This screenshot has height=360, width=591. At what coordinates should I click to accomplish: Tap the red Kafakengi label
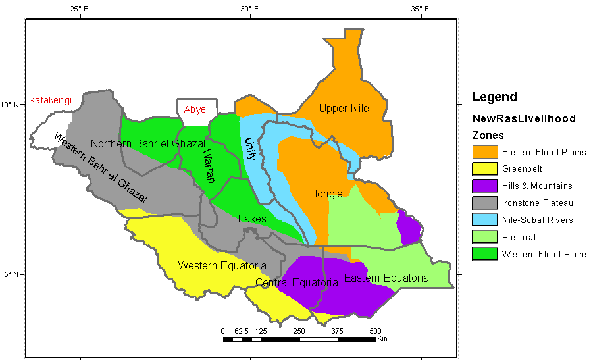[50, 101]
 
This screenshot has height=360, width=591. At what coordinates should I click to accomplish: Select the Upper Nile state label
[344, 108]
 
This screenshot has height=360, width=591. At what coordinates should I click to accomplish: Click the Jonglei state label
[328, 193]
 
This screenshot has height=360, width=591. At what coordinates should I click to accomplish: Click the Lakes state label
[252, 219]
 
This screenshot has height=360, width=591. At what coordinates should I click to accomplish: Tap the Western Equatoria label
[222, 265]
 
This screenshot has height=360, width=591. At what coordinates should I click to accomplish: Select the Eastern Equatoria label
[386, 278]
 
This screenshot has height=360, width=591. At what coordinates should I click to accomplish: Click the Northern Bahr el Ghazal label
[148, 143]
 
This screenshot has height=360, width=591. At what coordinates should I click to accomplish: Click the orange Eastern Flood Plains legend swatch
[484, 152]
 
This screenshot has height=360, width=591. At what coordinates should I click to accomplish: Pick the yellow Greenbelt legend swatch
[484, 169]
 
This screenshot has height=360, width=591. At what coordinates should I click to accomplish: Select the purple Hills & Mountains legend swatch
[484, 186]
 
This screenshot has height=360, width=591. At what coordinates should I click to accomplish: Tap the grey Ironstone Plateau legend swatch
[484, 203]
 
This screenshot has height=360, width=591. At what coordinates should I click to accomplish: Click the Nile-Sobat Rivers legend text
[537, 220]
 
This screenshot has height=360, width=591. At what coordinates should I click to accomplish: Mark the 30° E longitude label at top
[249, 9]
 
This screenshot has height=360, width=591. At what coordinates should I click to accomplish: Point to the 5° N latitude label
[11, 274]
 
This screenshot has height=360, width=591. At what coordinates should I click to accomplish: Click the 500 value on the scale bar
[375, 330]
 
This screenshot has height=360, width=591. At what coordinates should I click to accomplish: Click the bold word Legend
[494, 97]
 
